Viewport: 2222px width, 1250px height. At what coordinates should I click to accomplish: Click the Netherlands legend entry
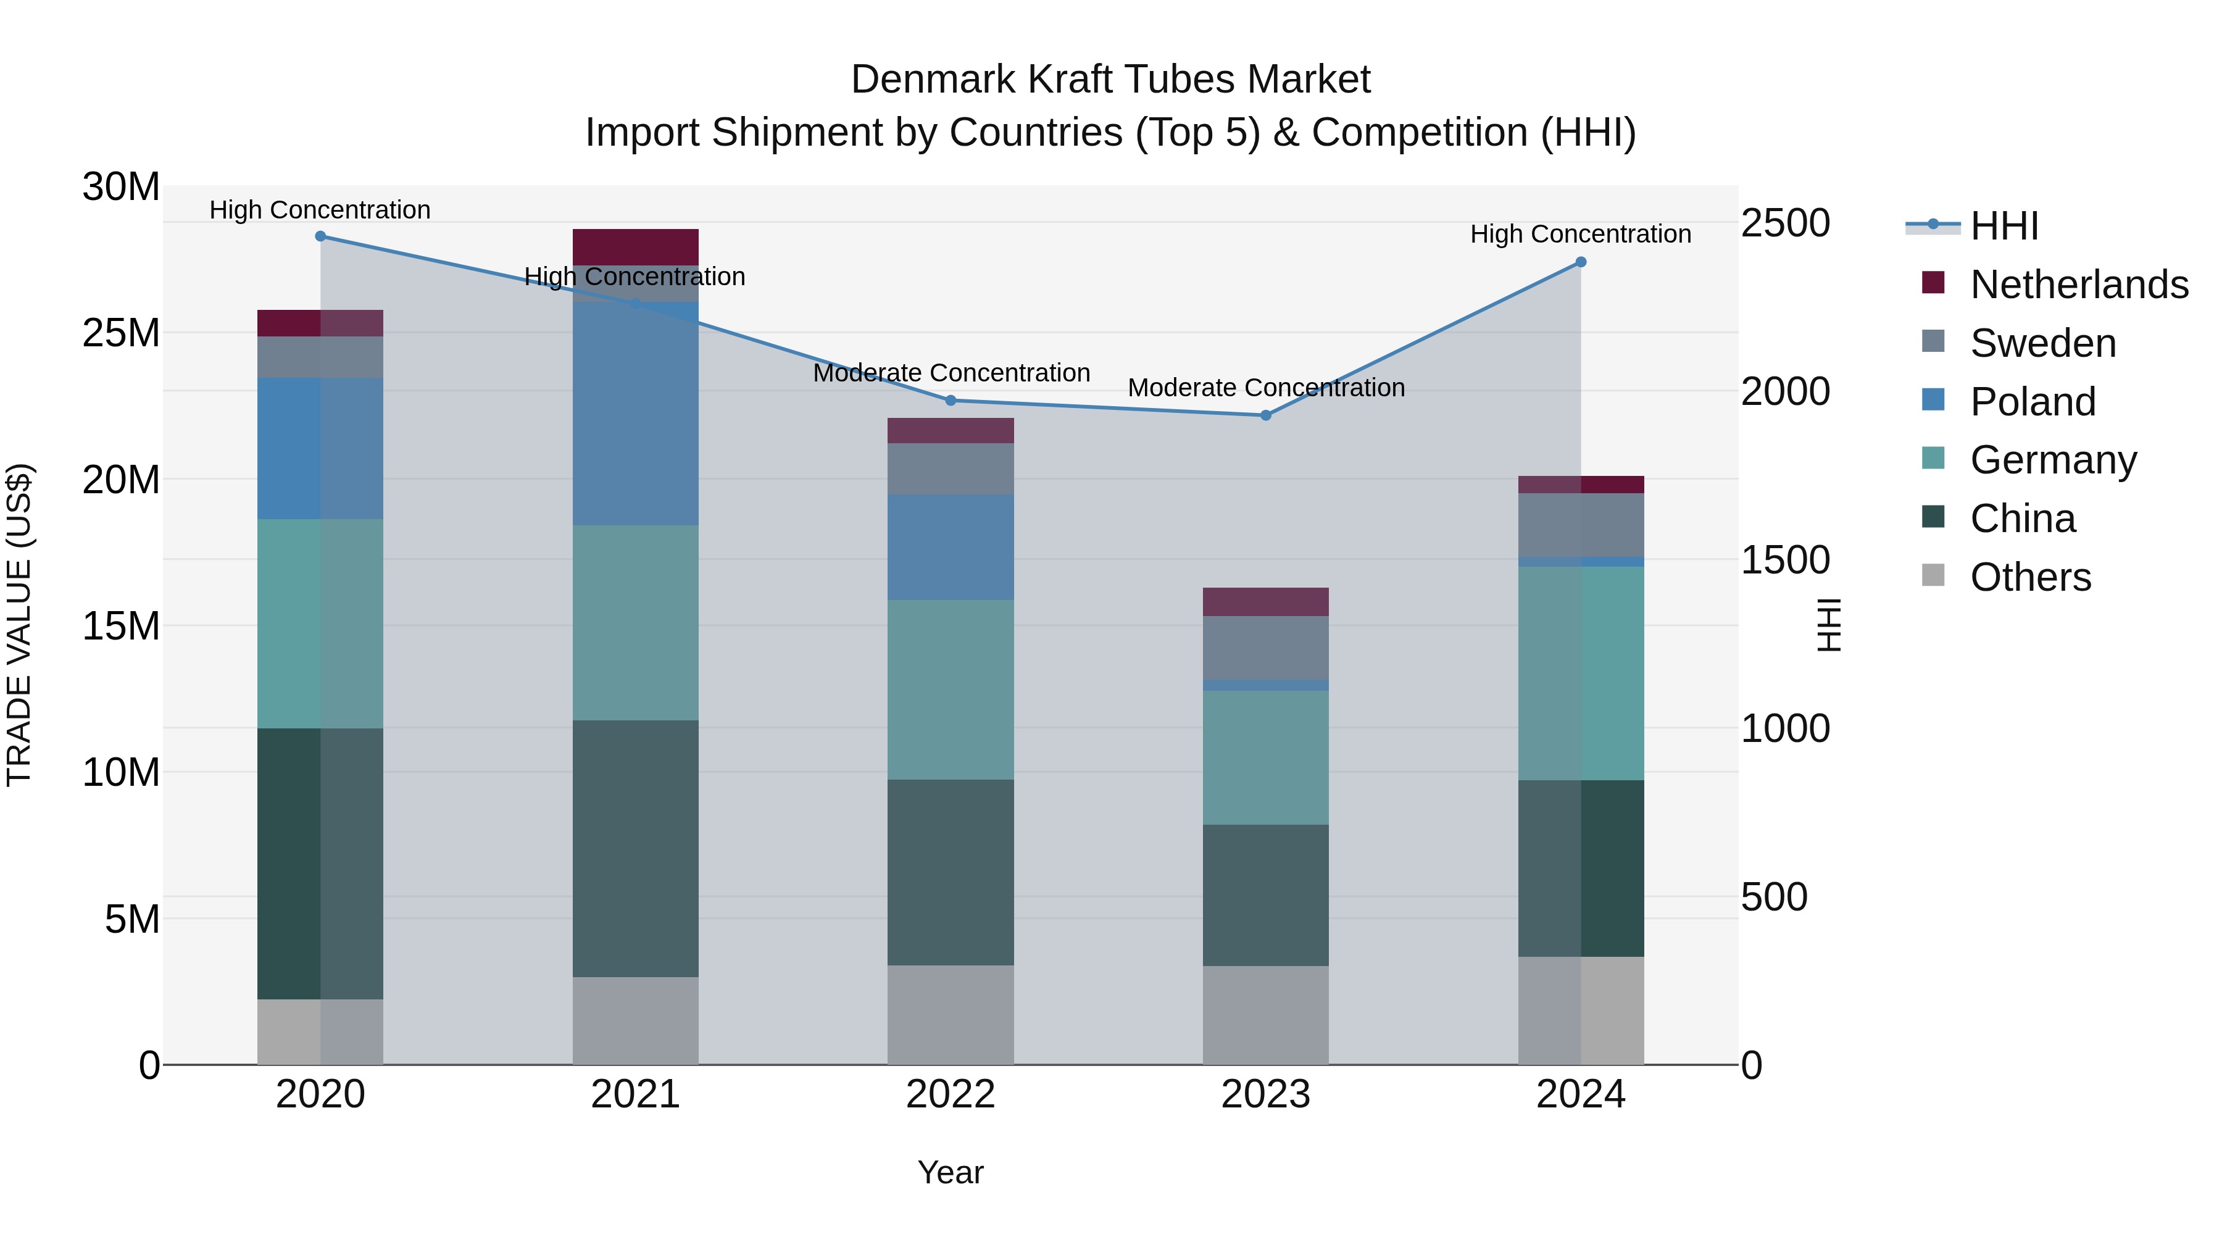pyautogui.click(x=2079, y=285)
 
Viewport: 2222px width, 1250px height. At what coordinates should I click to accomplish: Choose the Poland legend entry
pyautogui.click(x=2033, y=402)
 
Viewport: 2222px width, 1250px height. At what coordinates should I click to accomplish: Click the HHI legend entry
pyautogui.click(x=2004, y=226)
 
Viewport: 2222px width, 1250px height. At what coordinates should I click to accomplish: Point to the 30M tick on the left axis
pyautogui.click(x=121, y=187)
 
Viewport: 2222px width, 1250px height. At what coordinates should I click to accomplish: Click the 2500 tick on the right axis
pyautogui.click(x=1784, y=223)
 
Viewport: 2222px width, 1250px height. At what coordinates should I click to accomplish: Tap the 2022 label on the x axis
pyautogui.click(x=951, y=1094)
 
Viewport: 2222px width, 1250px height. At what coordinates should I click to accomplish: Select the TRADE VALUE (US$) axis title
pyautogui.click(x=20, y=625)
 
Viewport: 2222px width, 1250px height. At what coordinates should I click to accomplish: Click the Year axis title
pyautogui.click(x=951, y=1172)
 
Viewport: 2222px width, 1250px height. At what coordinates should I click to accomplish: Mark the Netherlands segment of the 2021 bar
pyautogui.click(x=636, y=248)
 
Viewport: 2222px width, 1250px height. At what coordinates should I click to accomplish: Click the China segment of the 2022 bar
pyautogui.click(x=951, y=872)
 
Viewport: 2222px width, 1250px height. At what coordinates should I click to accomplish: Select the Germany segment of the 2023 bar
pyautogui.click(x=1265, y=757)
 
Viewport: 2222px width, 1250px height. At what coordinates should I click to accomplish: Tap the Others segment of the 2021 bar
pyautogui.click(x=636, y=1020)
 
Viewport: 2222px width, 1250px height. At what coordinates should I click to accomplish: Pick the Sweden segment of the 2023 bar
pyautogui.click(x=1265, y=648)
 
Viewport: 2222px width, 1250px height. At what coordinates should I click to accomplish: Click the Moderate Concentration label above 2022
pyautogui.click(x=951, y=373)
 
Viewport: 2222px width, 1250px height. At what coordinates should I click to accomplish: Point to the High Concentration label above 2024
pyautogui.click(x=1580, y=235)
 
